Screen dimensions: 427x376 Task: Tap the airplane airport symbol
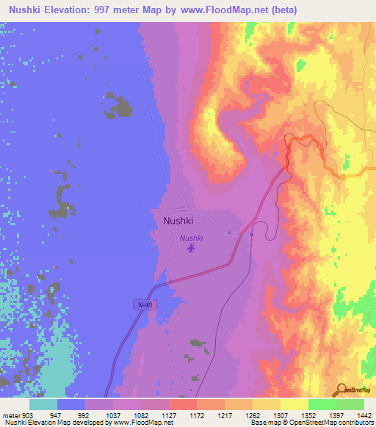coord(192,249)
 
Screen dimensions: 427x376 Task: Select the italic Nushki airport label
coord(192,238)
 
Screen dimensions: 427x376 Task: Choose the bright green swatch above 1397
coord(322,404)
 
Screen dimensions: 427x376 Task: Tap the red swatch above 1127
coord(182,404)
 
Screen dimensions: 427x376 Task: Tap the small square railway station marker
coord(251,235)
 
